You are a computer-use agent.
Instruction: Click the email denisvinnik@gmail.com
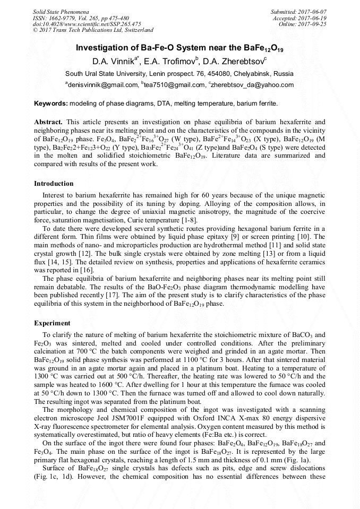point(101,84)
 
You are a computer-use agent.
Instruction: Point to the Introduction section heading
point(54,184)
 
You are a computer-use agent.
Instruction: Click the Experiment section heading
point(52,323)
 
